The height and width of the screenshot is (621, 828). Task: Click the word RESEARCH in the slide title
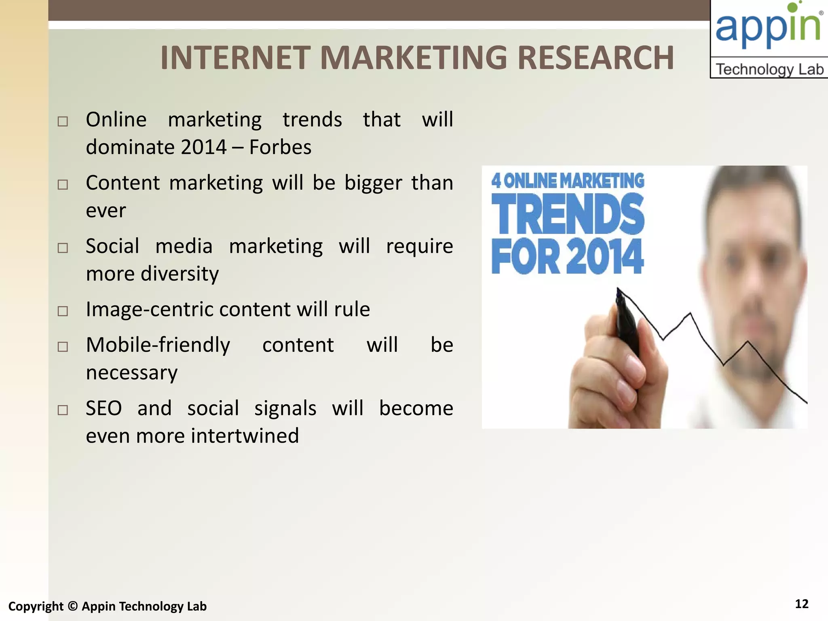[595, 58]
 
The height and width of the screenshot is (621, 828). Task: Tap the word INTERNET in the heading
[235, 58]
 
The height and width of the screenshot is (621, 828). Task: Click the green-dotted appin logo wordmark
[768, 26]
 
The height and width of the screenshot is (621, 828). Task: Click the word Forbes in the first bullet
[280, 147]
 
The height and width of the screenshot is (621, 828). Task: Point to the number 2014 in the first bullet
[203, 147]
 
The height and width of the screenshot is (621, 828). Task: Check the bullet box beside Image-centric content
[63, 311]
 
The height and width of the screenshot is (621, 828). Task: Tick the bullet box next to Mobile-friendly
[63, 346]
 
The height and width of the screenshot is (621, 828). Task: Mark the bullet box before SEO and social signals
[63, 410]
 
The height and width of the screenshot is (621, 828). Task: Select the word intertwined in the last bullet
[245, 436]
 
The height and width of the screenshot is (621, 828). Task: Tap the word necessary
[132, 373]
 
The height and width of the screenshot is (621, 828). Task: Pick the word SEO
[103, 408]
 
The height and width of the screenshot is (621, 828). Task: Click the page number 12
[801, 604]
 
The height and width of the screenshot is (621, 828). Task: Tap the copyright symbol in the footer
[73, 606]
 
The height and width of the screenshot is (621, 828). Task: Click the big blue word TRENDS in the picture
[567, 214]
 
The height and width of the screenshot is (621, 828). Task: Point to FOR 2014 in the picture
[567, 257]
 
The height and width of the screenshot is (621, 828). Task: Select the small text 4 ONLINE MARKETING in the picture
[567, 181]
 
